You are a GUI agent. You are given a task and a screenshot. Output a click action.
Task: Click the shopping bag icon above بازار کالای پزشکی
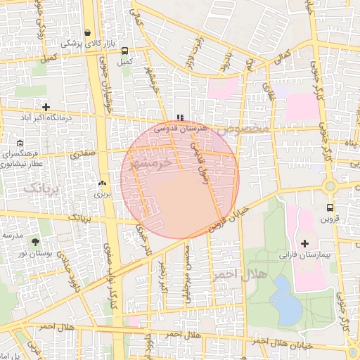(87, 32)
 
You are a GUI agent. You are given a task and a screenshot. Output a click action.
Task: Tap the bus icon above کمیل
(125, 51)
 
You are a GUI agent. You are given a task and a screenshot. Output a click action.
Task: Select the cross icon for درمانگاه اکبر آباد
(46, 108)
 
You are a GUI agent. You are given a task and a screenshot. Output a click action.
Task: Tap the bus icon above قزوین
(330, 207)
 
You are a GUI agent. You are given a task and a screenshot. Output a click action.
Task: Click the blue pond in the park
(285, 299)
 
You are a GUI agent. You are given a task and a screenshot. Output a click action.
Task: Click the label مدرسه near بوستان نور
(12, 234)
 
